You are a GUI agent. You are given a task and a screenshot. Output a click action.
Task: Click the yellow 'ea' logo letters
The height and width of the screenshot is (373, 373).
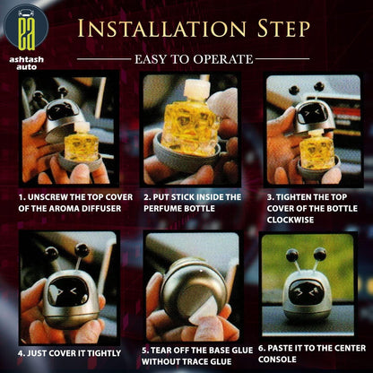(26, 34)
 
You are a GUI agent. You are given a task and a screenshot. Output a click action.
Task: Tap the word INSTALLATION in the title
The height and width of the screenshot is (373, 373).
(161, 29)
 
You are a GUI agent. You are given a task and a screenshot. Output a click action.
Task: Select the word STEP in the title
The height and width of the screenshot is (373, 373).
(283, 29)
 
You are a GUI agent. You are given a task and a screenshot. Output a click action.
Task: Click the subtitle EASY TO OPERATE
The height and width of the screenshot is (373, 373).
(194, 59)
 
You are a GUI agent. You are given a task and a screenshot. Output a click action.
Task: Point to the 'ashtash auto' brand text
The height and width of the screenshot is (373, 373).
(26, 63)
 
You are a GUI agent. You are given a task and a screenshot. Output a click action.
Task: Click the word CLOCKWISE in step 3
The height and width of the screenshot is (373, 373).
(291, 220)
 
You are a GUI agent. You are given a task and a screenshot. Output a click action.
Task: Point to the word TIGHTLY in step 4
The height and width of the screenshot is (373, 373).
(104, 353)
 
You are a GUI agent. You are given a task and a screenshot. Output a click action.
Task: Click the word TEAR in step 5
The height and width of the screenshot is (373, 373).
(161, 351)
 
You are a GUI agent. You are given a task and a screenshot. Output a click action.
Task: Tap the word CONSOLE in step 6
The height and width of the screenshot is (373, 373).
(277, 360)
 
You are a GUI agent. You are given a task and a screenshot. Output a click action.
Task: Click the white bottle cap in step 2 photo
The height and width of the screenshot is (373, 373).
(196, 90)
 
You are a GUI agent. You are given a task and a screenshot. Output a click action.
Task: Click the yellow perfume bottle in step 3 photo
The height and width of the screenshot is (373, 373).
(317, 152)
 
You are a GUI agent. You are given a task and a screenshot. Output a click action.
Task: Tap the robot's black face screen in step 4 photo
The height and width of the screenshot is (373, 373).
(68, 291)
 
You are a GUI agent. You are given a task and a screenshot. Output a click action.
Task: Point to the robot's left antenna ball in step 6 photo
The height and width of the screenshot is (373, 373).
(292, 255)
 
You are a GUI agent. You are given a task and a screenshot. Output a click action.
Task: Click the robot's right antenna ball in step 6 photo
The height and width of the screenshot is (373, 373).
(320, 254)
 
